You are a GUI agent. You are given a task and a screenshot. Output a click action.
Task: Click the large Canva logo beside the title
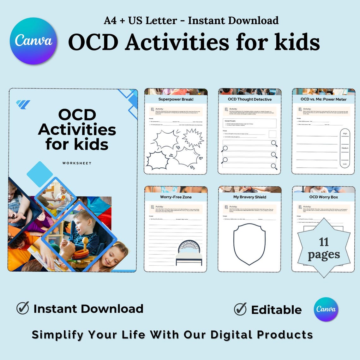[33, 41]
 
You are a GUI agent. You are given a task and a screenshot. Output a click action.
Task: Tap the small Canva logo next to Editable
[326, 309]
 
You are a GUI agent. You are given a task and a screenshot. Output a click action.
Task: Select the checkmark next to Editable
[240, 309]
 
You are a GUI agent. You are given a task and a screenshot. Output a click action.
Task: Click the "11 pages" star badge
[324, 248]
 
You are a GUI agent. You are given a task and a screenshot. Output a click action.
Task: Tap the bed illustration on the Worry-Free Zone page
[189, 253]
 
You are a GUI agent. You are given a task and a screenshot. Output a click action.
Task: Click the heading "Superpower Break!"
[176, 99]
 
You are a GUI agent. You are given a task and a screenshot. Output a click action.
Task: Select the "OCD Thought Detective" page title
[249, 99]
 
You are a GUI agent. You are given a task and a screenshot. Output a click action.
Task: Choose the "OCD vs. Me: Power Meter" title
[323, 99]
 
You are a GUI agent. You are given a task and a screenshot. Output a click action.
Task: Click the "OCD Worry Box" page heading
[323, 197]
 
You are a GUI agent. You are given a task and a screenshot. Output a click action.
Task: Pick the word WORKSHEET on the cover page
[77, 163]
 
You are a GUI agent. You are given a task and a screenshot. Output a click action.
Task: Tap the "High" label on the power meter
[345, 134]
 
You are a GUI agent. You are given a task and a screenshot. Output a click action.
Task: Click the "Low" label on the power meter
[345, 164]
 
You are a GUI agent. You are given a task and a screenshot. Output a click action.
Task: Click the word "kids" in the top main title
[297, 42]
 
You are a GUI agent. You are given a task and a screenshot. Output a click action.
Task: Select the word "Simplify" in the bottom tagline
[57, 335]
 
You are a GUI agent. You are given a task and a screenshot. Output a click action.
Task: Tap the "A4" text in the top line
[110, 21]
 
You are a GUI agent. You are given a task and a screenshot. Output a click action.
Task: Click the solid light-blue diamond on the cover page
[40, 174]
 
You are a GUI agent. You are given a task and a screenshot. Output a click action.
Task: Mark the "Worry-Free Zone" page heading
[176, 197]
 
